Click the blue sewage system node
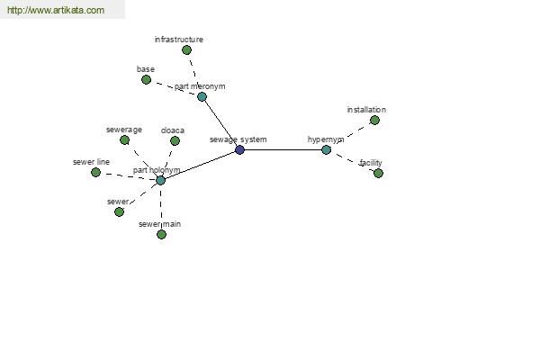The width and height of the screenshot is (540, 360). point(239,150)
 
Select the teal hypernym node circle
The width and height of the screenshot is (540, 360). point(326,150)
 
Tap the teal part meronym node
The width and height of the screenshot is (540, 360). point(202,96)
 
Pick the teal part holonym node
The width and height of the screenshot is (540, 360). point(160,180)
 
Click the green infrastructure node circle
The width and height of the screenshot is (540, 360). point(186,50)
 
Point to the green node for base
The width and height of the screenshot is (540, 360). point(146,80)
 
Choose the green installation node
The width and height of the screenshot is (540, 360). point(374,121)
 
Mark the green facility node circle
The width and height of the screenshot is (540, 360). point(378,174)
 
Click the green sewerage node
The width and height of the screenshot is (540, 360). point(125,139)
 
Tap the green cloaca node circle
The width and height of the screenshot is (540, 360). point(175,140)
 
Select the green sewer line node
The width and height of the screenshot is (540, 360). point(95,172)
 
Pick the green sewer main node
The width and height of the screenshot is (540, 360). point(161,235)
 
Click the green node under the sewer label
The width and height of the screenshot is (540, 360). point(119,211)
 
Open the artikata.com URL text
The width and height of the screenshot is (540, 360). point(56,10)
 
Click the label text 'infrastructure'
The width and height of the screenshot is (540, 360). point(179,40)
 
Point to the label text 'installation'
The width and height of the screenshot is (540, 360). point(366,110)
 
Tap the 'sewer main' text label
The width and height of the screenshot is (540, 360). point(159,224)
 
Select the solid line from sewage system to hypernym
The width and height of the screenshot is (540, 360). point(283,150)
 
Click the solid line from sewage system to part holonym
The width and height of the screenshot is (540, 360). point(200,165)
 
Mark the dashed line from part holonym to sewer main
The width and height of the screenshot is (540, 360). point(161,207)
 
